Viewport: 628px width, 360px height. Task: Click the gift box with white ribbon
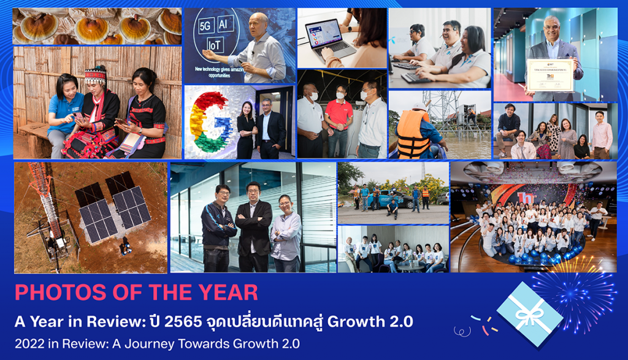pos(529,313)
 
